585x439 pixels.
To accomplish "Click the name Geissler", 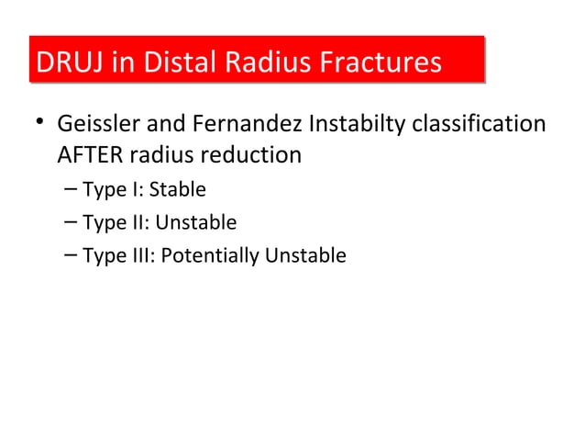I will [x=94, y=123].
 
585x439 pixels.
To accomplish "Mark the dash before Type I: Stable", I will [x=72, y=190].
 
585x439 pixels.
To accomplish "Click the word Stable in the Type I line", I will [x=177, y=190].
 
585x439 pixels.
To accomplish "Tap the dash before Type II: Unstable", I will [x=72, y=222].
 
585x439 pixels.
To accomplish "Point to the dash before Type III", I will [x=72, y=254].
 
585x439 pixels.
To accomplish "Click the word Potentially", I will [x=210, y=254].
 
